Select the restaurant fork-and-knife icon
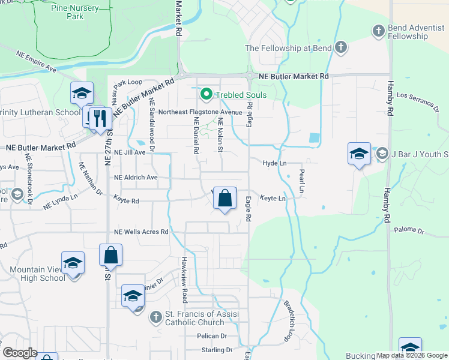pyautogui.click(x=100, y=118)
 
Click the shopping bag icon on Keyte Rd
pyautogui.click(x=224, y=197)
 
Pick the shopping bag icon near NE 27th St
pyautogui.click(x=111, y=256)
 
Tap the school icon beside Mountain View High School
pyautogui.click(x=73, y=263)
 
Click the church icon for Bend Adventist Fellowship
pyautogui.click(x=378, y=30)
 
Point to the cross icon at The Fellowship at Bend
pyautogui.click(x=340, y=47)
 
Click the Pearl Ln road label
pyautogui.click(x=302, y=181)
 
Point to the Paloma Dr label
pyautogui.click(x=409, y=230)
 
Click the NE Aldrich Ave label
pyautogui.click(x=136, y=178)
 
